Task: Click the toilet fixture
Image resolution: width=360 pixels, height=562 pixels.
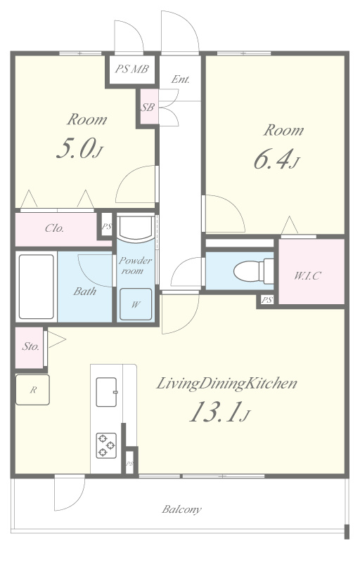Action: coord(254,271)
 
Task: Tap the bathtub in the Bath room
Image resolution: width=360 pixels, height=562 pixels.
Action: coord(37,287)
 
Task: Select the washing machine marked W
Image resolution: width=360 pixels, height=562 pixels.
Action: coord(136,304)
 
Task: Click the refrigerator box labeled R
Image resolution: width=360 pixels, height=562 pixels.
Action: coord(32,390)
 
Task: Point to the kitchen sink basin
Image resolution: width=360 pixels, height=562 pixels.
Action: coord(106,392)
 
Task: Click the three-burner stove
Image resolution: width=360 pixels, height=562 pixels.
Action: coord(106,445)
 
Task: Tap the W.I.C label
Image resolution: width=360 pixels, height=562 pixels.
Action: coord(307,275)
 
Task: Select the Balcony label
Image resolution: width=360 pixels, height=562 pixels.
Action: coord(181,509)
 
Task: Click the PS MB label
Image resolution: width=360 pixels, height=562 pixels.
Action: coord(131,69)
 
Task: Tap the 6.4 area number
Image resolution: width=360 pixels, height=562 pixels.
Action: coord(276,159)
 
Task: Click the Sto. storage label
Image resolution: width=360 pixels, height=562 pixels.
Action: coord(30,346)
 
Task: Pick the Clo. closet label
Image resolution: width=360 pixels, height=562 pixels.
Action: coord(55,228)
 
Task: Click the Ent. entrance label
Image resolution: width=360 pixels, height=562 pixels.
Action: coord(181,79)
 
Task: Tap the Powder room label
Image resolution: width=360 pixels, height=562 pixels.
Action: coord(135,266)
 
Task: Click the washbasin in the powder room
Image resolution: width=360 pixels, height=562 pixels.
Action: coord(136,228)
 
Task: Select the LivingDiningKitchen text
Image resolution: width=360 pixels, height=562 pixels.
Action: coord(227,384)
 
